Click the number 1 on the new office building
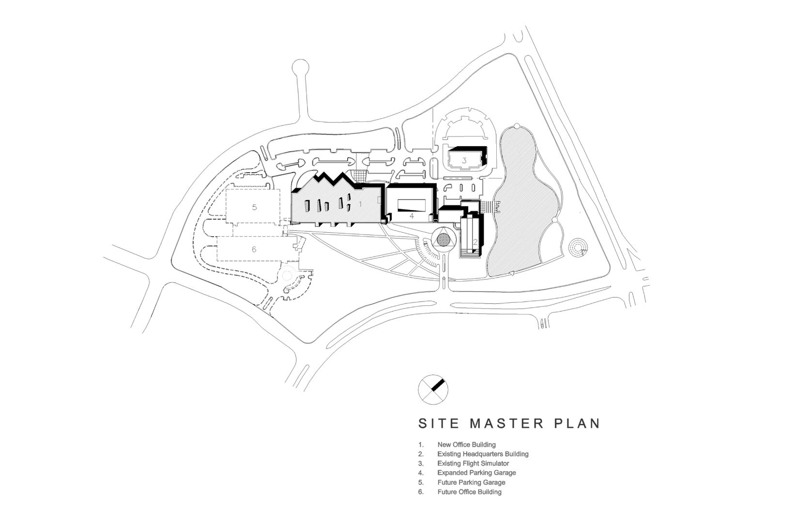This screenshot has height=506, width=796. coord(360,204)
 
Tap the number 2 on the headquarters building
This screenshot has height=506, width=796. coord(475,242)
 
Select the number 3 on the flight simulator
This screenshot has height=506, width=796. coord(464,161)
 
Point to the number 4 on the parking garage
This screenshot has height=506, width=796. coord(412,216)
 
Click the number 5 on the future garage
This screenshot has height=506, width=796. coord(254,207)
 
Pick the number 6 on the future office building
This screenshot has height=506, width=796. coord(254,249)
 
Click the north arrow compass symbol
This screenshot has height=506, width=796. coord(433,389)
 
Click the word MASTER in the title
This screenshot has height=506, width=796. coord(507,423)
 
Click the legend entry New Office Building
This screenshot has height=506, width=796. coord(466,445)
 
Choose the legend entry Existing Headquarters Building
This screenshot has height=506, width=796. coord(483,454)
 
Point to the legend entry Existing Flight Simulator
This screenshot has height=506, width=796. coord(474,463)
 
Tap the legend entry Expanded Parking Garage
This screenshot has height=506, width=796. coord(476,473)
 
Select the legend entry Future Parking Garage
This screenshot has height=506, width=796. coord(471,482)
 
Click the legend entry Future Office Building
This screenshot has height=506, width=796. coord(470,492)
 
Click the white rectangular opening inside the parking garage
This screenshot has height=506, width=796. coord(411,205)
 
